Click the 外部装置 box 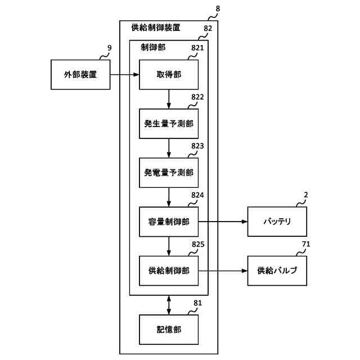[x=80, y=74]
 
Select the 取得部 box [x=169, y=74]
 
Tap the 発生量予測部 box [x=169, y=123]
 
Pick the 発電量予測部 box [x=169, y=173]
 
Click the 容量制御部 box [x=169, y=222]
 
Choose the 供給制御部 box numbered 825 [x=169, y=271]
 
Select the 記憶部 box [x=169, y=330]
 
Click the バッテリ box [x=277, y=222]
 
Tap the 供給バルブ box [x=277, y=271]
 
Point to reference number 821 [x=197, y=48]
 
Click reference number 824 [x=197, y=196]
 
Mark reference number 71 [x=306, y=244]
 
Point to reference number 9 [x=110, y=48]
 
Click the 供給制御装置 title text [x=156, y=27]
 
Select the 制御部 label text [x=153, y=48]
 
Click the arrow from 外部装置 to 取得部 [x=124, y=74]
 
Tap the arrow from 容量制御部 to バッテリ [x=222, y=222]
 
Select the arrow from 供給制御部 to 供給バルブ [x=222, y=271]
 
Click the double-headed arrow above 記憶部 [x=169, y=304]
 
